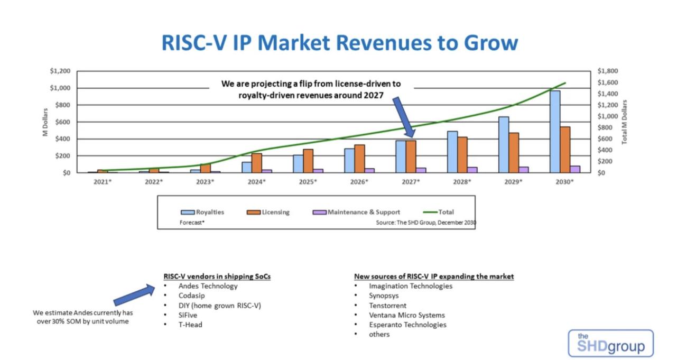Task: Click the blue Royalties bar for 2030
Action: pos(554,132)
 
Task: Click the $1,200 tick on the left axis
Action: pos(60,71)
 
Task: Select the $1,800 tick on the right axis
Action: pos(607,71)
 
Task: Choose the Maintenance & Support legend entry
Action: pos(357,212)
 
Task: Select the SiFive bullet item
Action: pos(188,315)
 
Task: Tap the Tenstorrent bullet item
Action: pos(387,306)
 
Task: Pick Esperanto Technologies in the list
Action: pos(407,325)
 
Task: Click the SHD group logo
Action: pos(610,344)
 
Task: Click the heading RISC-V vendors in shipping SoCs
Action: pos(217,276)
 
